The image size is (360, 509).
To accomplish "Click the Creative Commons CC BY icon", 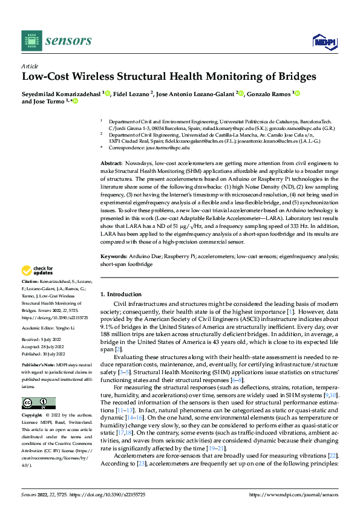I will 38,403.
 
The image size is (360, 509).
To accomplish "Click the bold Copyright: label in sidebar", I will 31,416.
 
